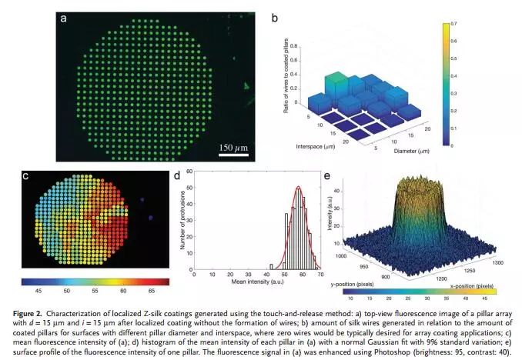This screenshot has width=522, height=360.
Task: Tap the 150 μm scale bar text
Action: (x=236, y=147)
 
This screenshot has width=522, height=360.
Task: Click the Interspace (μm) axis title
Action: (x=315, y=146)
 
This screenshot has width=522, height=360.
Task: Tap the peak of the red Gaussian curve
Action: (x=277, y=187)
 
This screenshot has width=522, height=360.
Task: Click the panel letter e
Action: (x=330, y=176)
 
